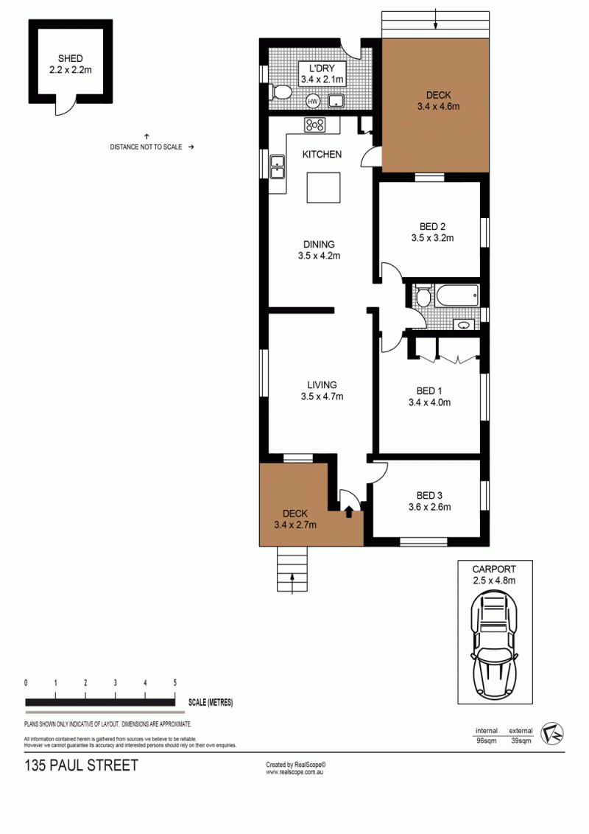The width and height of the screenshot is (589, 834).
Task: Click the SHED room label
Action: click(x=70, y=58)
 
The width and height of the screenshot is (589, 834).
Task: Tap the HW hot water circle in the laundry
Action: click(x=313, y=101)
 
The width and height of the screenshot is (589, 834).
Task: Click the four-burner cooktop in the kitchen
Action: click(x=314, y=125)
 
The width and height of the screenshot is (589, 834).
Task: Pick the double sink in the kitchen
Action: click(x=277, y=166)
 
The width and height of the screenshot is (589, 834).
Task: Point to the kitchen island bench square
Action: click(x=324, y=187)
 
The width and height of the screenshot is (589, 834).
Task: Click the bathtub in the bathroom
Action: click(x=457, y=295)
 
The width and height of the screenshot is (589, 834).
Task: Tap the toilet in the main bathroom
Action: click(x=423, y=296)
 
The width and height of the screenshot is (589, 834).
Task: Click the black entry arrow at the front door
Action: click(x=349, y=511)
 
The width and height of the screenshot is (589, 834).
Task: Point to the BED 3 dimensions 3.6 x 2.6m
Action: click(x=429, y=507)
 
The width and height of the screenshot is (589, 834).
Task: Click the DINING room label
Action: click(x=319, y=244)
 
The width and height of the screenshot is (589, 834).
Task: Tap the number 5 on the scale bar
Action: click(x=175, y=682)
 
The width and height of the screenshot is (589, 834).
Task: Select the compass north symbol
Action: click(x=551, y=734)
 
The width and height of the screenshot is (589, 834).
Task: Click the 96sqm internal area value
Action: click(x=487, y=740)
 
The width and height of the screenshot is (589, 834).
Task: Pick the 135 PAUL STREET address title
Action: click(x=81, y=765)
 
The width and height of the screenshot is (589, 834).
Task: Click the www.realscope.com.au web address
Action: click(x=294, y=772)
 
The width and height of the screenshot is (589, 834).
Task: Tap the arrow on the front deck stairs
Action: click(x=292, y=584)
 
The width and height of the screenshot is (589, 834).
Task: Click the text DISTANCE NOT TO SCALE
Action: click(x=147, y=147)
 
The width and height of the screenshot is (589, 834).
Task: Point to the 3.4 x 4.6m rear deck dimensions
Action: click(x=439, y=106)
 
